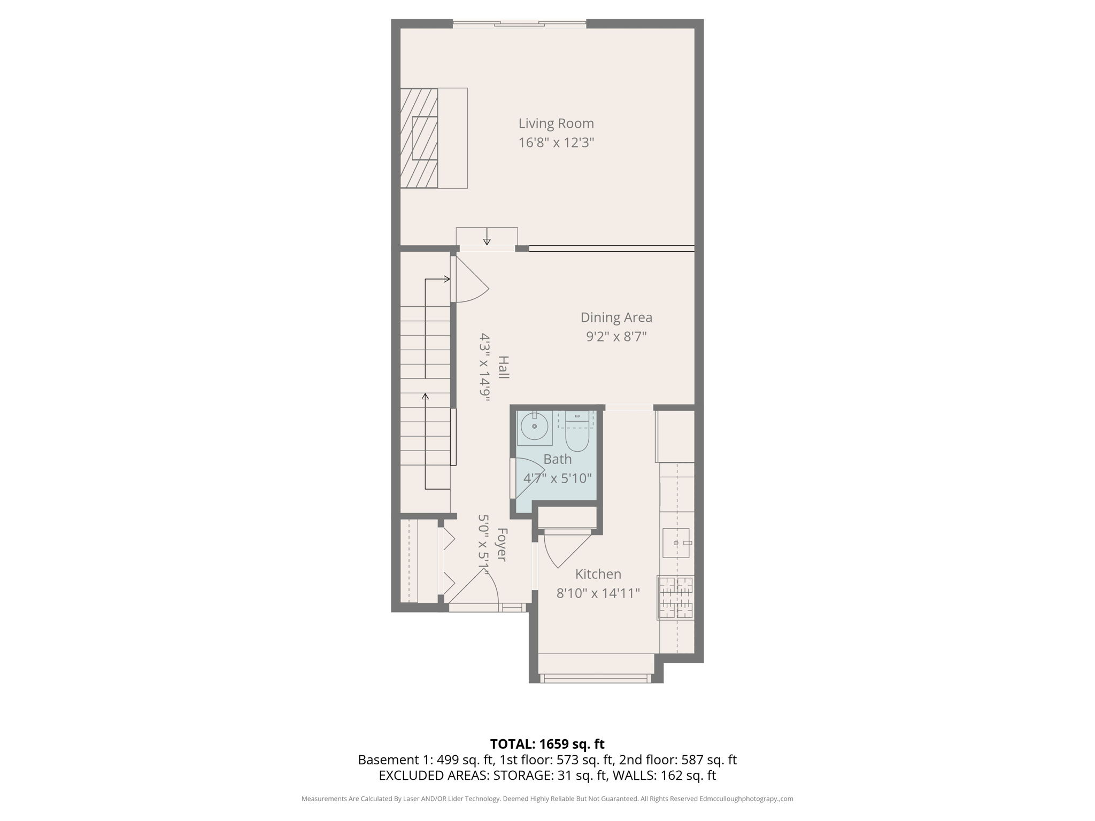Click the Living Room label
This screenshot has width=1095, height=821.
(556, 123)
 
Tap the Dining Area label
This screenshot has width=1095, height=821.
(616, 317)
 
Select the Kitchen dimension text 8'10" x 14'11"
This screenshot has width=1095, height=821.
(598, 593)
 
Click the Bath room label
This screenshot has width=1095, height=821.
(557, 459)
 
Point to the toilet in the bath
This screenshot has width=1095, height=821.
(577, 433)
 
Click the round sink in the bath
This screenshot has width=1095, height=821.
(534, 427)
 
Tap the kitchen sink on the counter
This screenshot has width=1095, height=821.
(676, 543)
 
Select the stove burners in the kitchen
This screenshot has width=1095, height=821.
(676, 598)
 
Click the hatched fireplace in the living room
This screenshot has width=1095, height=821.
(419, 138)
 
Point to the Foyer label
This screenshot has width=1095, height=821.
(502, 544)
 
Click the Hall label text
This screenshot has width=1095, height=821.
(503, 367)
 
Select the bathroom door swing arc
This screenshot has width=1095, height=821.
(527, 477)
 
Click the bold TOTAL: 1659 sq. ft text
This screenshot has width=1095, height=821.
(547, 744)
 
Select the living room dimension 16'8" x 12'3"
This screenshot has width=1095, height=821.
(556, 143)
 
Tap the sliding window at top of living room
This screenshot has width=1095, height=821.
(519, 24)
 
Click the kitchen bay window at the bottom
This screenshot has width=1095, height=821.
(596, 679)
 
